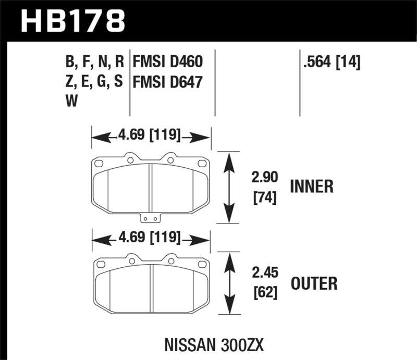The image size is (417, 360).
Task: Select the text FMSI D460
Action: point(167,64)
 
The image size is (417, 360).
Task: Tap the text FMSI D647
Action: point(167,83)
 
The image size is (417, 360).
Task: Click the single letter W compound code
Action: point(70,102)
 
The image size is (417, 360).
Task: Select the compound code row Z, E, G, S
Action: point(94,83)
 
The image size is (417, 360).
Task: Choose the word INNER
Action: point(312,187)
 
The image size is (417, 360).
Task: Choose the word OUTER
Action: point(314,284)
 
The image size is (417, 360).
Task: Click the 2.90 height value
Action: point(263,180)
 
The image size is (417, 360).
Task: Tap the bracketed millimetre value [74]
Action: point(263,198)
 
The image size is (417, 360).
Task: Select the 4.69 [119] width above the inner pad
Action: point(150,136)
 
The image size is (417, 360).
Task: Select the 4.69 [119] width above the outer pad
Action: point(150,239)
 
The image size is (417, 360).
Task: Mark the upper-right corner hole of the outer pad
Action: point(202,266)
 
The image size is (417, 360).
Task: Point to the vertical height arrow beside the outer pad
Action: point(228,284)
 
